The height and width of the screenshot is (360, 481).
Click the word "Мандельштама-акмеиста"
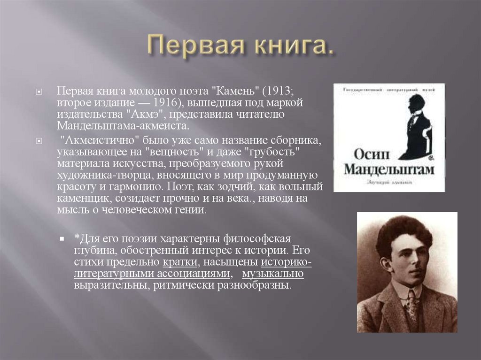(124, 127)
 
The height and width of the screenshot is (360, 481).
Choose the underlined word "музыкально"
(274, 273)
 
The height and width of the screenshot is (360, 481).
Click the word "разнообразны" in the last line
(256, 285)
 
